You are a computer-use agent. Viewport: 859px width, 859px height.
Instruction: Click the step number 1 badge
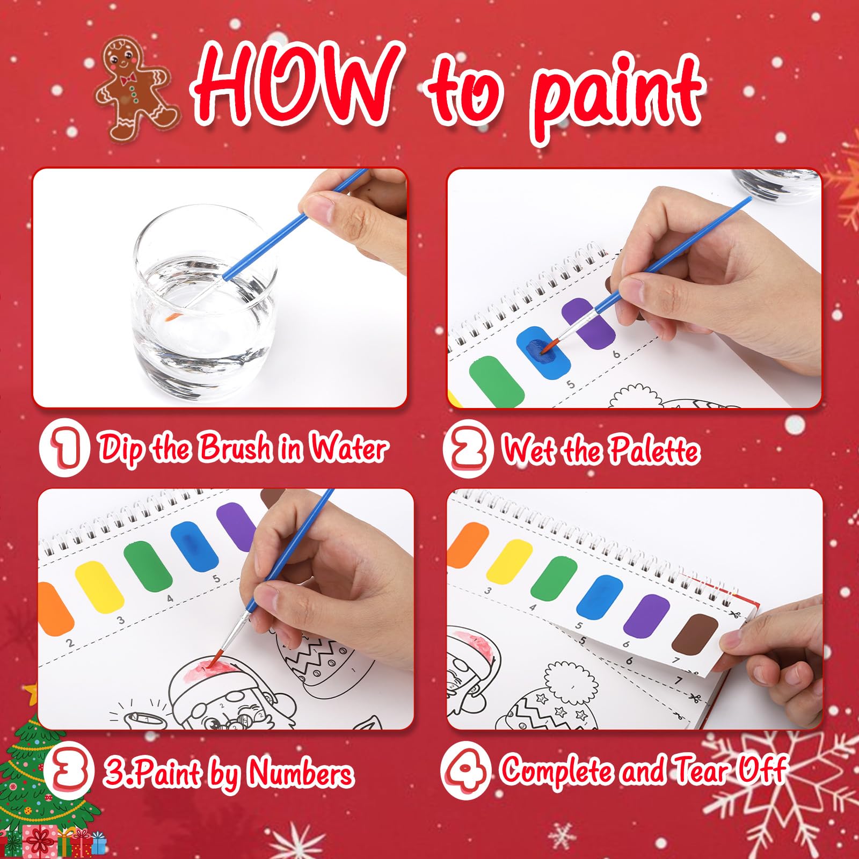(x=64, y=448)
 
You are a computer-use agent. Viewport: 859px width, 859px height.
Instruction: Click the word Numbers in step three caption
(x=301, y=773)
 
